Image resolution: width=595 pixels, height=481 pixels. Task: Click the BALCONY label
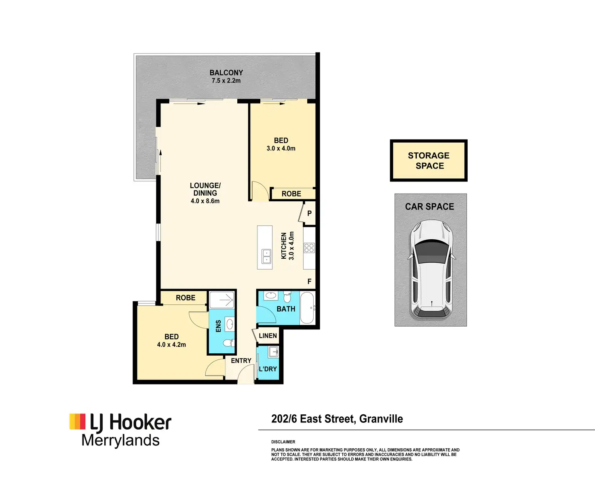[x=226, y=73]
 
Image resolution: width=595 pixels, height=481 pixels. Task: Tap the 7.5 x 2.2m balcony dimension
[x=226, y=81]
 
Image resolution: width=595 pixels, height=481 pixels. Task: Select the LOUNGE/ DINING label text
[x=205, y=189]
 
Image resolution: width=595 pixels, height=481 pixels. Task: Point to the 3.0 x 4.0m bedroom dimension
[x=281, y=148]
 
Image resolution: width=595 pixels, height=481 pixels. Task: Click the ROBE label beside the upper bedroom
[x=291, y=194]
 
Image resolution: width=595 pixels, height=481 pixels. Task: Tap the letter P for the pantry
[x=309, y=213]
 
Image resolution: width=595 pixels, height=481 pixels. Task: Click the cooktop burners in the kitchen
[x=309, y=248]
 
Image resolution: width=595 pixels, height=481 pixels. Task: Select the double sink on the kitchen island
[x=266, y=256]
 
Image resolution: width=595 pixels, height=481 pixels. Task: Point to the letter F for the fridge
[x=309, y=282]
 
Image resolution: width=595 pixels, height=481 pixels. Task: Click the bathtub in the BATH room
[x=307, y=308]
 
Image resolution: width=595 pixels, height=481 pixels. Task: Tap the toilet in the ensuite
[x=229, y=343]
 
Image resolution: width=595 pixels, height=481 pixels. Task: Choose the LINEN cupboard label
[x=268, y=336]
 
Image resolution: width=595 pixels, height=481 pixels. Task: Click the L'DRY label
[x=268, y=369]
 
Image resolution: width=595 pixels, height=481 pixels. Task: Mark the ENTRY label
[x=241, y=361]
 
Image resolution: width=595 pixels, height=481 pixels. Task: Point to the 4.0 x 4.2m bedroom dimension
[x=171, y=345]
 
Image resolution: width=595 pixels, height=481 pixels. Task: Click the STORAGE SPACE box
[x=429, y=160]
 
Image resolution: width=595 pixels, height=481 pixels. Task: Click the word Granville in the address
[x=381, y=419]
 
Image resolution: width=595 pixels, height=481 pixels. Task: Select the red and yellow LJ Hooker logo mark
[x=77, y=421]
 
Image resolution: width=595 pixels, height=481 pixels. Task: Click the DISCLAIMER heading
[x=283, y=442]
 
